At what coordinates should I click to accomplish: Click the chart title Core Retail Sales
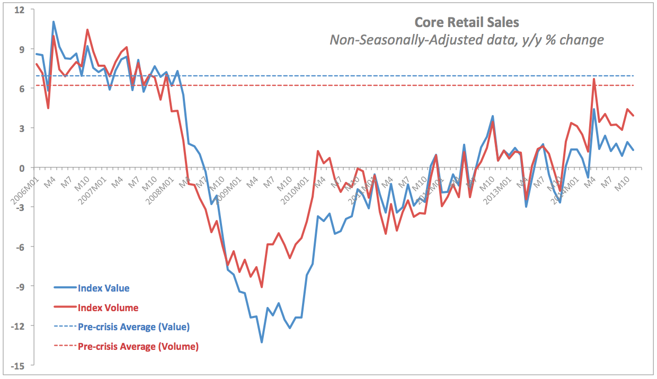[466, 22]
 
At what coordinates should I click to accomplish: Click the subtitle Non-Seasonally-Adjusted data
[466, 40]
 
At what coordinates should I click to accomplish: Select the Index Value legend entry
[103, 288]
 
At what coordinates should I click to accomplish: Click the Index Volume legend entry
[108, 307]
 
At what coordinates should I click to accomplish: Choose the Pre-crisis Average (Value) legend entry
[134, 327]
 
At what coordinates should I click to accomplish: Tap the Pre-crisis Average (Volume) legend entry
[138, 347]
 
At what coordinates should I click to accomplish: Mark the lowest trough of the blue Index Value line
[262, 342]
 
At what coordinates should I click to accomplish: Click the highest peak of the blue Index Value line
[54, 22]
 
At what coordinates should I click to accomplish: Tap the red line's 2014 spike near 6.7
[594, 79]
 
